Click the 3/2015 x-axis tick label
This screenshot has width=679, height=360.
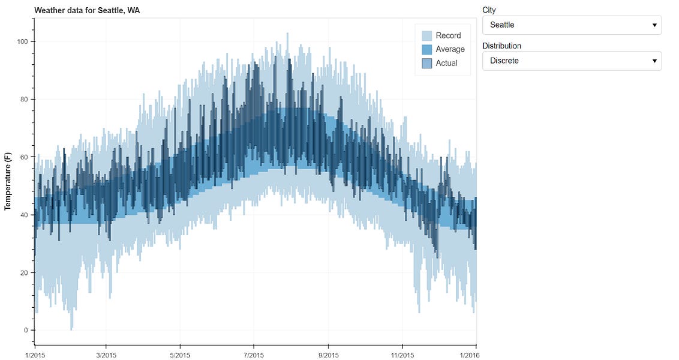(x=106, y=355)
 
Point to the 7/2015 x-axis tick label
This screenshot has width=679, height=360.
(x=253, y=355)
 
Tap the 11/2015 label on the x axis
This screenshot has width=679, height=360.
(x=402, y=355)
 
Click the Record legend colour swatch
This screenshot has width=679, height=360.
(x=426, y=35)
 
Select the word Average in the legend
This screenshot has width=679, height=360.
(x=450, y=49)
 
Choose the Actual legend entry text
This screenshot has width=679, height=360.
(x=446, y=63)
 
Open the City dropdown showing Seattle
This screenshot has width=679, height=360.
(x=572, y=25)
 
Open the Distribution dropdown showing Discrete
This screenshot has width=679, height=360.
(x=572, y=61)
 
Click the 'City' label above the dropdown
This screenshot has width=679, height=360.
(x=489, y=10)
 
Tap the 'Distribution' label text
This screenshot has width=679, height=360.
(x=501, y=46)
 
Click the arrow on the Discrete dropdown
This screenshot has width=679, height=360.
(x=654, y=61)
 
